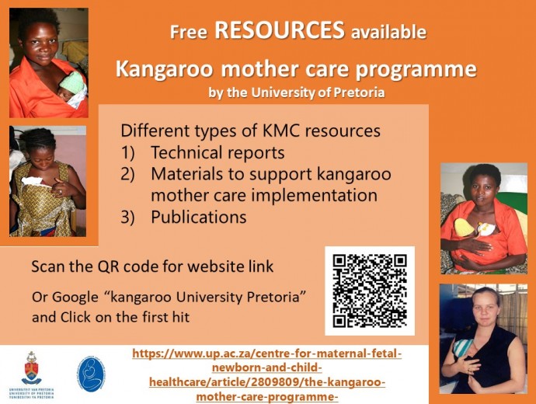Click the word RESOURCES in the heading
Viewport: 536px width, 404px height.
pos(280,30)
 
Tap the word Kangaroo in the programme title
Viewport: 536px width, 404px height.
pos(164,69)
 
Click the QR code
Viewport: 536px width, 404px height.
pos(370,291)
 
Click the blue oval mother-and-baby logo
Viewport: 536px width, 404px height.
pos(90,374)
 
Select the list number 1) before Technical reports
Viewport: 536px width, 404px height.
pos(128,153)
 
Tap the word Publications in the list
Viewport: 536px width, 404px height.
pos(199,217)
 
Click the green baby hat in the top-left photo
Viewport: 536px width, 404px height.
pos(73,82)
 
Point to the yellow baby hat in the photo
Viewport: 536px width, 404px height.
pos(465,227)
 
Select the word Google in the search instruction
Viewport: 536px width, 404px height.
pos(75,297)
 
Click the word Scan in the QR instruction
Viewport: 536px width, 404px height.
pos(48,266)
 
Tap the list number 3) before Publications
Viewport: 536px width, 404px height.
pos(128,218)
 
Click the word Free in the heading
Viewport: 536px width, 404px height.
pos(189,32)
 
